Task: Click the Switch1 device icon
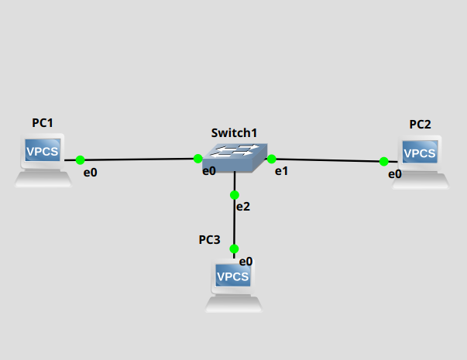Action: click(x=234, y=157)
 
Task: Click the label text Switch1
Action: click(x=234, y=133)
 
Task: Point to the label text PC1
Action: click(x=43, y=123)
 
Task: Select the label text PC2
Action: click(x=421, y=124)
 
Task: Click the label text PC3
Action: click(x=209, y=240)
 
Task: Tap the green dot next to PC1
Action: click(x=80, y=160)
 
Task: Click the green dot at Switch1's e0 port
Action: click(x=198, y=159)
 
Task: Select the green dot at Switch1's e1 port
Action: click(x=272, y=159)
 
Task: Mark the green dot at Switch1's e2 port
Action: click(x=234, y=195)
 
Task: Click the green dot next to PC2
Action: click(x=383, y=162)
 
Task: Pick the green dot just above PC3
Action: click(x=234, y=249)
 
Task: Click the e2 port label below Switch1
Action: click(x=243, y=207)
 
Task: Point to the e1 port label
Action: click(x=282, y=171)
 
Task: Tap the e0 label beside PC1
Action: click(x=91, y=173)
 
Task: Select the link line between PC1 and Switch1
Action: click(x=139, y=159)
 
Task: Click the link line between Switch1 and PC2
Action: click(x=328, y=160)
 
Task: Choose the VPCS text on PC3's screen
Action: click(x=233, y=276)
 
